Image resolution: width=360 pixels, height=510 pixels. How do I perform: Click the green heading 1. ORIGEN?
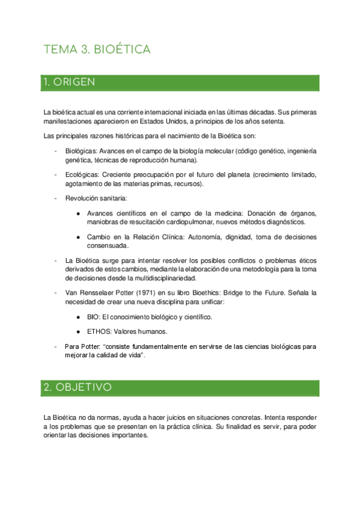pos(69,82)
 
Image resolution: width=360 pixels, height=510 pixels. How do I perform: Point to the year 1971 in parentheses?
pos(150,292)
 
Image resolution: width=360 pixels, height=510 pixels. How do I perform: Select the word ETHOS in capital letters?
pos(99,331)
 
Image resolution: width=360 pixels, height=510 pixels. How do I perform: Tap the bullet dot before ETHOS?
pos(79,331)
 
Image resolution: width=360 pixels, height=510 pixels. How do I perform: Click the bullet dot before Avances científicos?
pos(79,214)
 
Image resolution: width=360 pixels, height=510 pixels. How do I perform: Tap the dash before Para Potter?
pos(56,347)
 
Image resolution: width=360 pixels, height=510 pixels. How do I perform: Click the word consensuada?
pos(107,245)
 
